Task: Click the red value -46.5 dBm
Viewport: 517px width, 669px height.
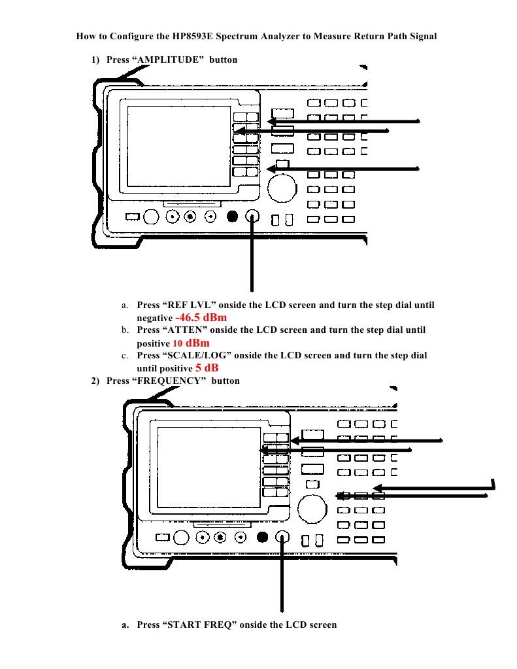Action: click(201, 317)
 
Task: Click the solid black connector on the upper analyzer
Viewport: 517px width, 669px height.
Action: click(231, 217)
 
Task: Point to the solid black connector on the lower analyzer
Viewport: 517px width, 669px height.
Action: click(262, 538)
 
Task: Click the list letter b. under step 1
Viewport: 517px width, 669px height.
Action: click(124, 330)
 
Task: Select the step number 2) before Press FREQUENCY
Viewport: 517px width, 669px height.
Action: click(95, 381)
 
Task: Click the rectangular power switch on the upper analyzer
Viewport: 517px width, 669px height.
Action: click(132, 217)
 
